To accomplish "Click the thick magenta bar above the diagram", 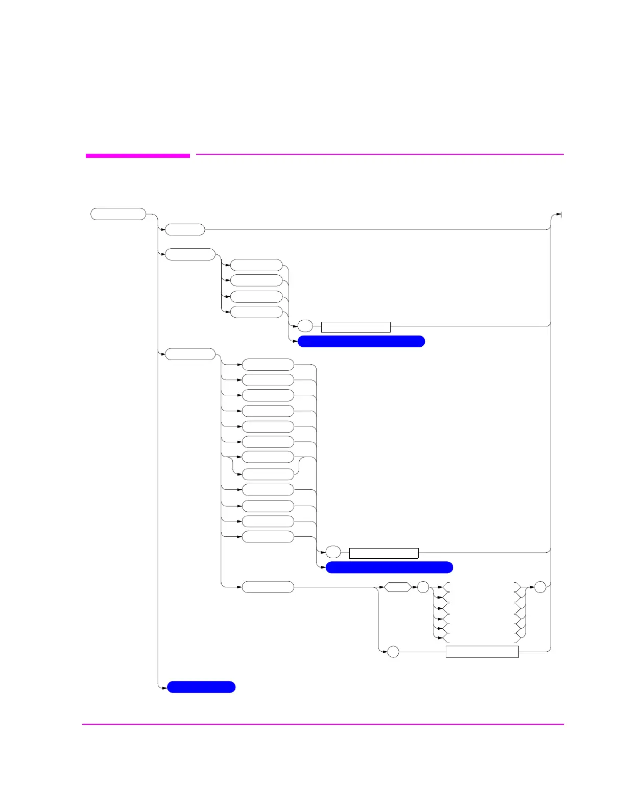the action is click(x=137, y=155).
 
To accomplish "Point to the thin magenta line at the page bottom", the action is click(x=323, y=724).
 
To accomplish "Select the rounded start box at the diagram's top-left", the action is click(x=118, y=214).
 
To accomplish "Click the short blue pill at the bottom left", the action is click(x=201, y=687).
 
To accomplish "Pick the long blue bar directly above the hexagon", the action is click(x=389, y=567).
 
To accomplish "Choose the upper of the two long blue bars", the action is click(x=361, y=341).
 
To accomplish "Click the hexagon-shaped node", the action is click(x=397, y=587).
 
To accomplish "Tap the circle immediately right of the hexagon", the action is click(x=423, y=587).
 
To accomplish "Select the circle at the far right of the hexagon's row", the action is click(x=540, y=587).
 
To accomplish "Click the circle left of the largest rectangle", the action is click(x=393, y=652).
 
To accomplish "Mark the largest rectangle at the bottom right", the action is click(x=482, y=652).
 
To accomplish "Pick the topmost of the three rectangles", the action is click(x=355, y=327).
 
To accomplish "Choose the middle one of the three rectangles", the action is click(x=383, y=553).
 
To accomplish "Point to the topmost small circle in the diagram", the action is click(x=305, y=326).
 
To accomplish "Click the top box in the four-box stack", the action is click(x=256, y=265).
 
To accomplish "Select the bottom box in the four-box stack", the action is click(x=256, y=312).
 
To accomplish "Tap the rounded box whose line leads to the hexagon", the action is click(x=268, y=587).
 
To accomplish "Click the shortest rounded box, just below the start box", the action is click(x=185, y=230).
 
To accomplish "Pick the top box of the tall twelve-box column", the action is click(x=268, y=365).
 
